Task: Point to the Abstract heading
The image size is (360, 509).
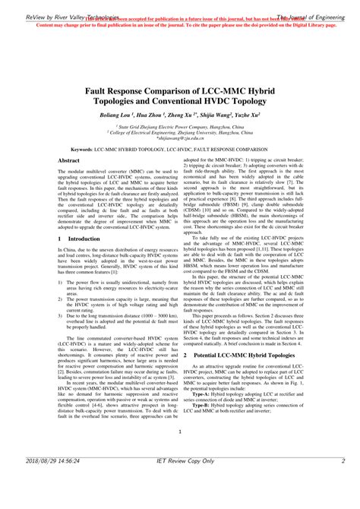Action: [69, 161]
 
